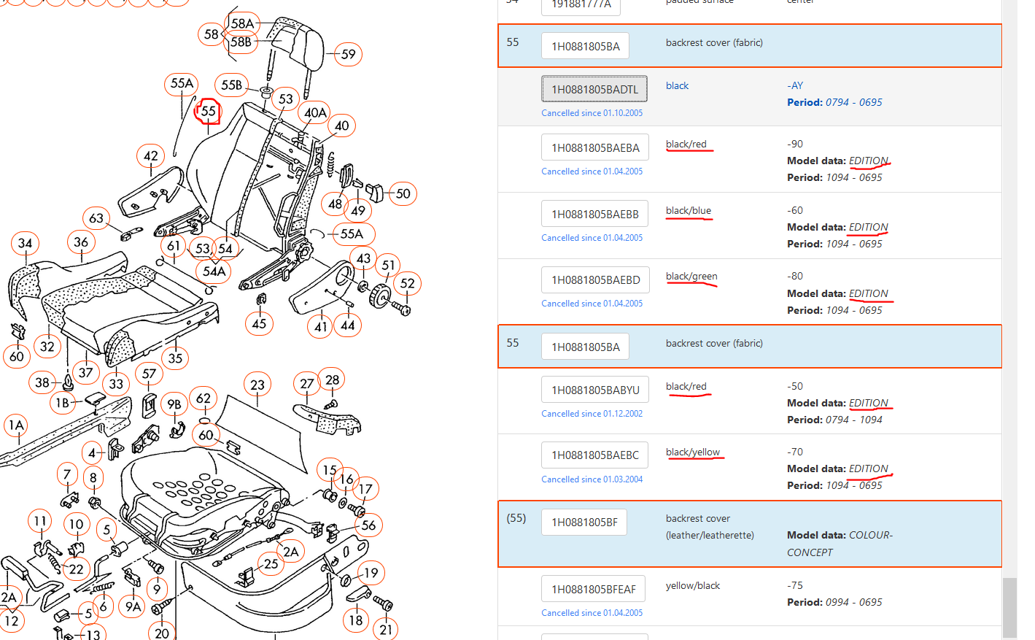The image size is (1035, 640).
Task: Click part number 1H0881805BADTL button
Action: click(594, 89)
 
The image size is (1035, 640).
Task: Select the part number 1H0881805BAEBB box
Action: click(594, 214)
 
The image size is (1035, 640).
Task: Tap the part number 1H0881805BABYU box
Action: click(595, 390)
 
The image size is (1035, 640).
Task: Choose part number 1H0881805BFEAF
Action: click(593, 589)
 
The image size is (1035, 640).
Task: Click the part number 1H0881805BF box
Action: click(584, 522)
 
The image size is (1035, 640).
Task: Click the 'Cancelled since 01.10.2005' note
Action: click(592, 113)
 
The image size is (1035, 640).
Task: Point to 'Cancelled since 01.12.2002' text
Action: click(592, 414)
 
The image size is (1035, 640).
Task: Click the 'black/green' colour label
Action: click(691, 276)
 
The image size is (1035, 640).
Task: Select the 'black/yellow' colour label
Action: click(693, 452)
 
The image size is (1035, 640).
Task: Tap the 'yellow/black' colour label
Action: click(693, 585)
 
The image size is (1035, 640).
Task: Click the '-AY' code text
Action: click(795, 85)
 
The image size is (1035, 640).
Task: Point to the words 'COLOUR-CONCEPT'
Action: click(840, 544)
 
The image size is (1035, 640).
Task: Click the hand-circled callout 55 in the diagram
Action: click(207, 111)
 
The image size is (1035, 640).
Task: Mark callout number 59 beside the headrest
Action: click(348, 54)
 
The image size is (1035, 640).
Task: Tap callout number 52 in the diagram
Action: click(407, 283)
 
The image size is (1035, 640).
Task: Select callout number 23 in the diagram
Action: click(257, 385)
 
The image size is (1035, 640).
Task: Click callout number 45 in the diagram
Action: click(259, 323)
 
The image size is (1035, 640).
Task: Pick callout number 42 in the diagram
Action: click(151, 156)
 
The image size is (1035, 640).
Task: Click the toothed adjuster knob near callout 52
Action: click(380, 296)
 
